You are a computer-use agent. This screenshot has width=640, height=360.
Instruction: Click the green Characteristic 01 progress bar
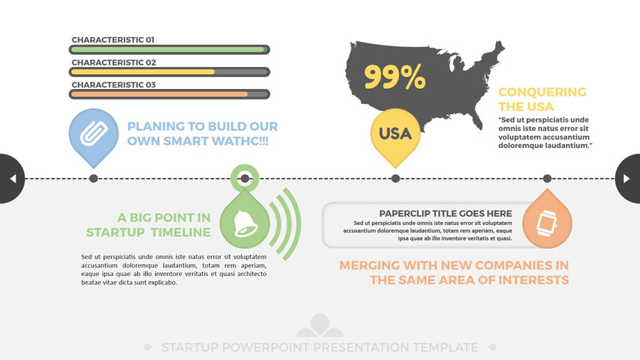[169, 50]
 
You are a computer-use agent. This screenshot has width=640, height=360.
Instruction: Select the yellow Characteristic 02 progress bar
[169, 73]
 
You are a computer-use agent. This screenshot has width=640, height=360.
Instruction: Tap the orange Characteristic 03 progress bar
[169, 95]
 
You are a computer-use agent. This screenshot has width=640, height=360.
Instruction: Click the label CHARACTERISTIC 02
[114, 63]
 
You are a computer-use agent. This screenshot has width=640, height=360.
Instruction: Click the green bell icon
[245, 223]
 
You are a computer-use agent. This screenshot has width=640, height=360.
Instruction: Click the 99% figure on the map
[395, 77]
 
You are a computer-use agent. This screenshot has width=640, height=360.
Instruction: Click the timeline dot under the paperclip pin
[93, 179]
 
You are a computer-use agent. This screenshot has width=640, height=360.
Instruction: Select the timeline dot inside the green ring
[245, 179]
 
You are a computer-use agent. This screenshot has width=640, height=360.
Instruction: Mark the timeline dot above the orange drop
[547, 179]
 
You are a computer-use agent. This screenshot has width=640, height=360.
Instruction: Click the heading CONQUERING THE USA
[542, 99]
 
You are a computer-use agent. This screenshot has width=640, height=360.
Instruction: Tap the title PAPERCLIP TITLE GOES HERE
[445, 213]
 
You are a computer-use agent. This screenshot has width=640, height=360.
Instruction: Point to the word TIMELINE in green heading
[181, 232]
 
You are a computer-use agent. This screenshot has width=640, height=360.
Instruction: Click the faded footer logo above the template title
[319, 326]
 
